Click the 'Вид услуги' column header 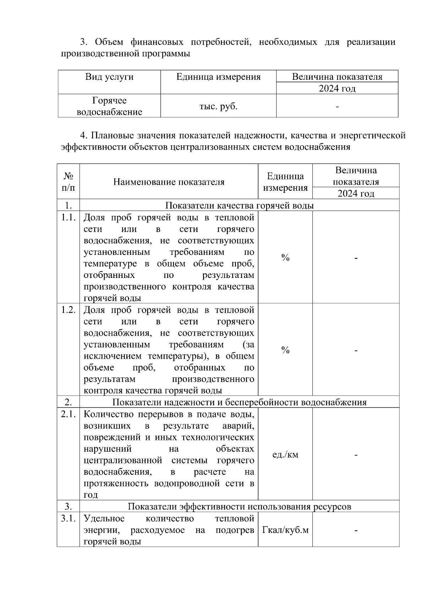pos(109,77)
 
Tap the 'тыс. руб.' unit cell pos(218,106)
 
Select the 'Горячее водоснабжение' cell pos(109,106)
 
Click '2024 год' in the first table pos(337,88)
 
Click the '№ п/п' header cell pos(69,182)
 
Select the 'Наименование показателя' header pos(169,182)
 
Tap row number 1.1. pos(68,217)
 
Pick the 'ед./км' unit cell pos(285,455)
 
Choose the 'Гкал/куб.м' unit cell pos(285,530)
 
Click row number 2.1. pos(68,414)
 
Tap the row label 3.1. pos(68,518)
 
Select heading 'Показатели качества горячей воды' pos(239,205)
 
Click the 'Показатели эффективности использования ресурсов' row pos(239,506)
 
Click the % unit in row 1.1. pos(285,258)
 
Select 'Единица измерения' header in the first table pos(218,77)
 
